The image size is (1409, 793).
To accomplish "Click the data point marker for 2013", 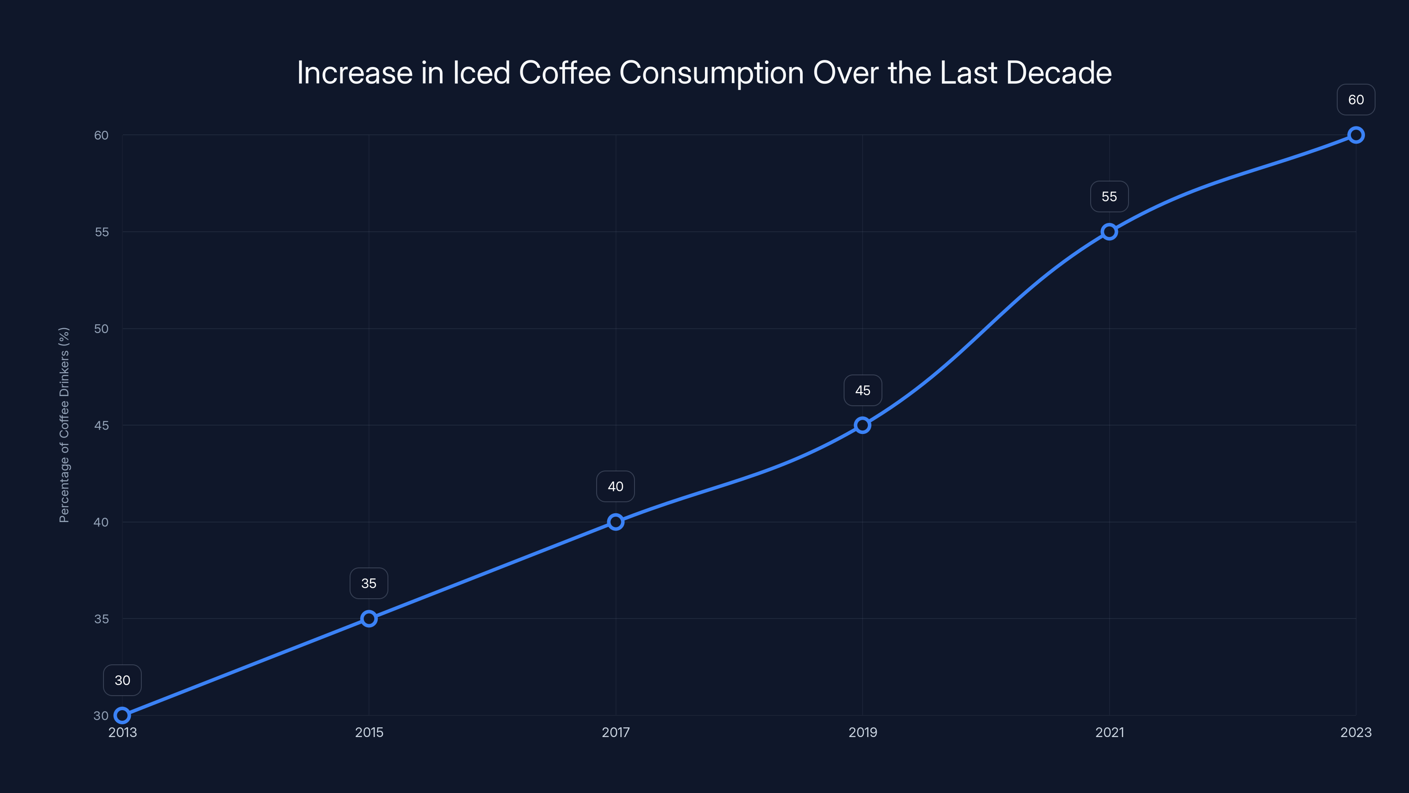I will point(122,715).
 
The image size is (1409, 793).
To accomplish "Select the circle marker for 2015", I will point(369,619).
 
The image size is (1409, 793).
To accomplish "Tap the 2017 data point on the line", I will point(616,522).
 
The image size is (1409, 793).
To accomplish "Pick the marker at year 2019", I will point(863,425).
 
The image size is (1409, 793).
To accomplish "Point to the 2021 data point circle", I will point(1109,231).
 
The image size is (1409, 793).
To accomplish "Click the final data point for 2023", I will point(1356,135).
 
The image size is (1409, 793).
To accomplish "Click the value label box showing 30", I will point(122,680).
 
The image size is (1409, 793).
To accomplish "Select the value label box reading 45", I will point(863,390).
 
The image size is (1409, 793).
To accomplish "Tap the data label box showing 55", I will point(1109,196).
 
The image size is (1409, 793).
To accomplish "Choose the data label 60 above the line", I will point(1356,100).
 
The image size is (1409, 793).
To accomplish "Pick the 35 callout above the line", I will point(369,583).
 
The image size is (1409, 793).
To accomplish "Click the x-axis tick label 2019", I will point(863,732).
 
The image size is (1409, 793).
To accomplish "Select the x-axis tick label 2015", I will point(369,732).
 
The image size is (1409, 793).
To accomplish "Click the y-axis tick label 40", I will point(101,522).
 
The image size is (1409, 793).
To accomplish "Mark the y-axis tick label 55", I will point(101,232).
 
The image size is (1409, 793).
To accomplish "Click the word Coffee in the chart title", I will point(564,73).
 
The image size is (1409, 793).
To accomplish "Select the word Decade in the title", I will point(1059,73).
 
